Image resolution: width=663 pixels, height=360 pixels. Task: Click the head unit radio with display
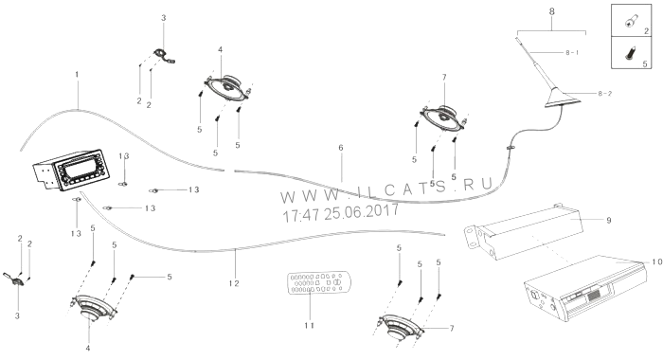(x=71, y=170)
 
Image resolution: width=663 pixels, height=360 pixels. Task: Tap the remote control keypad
(x=319, y=282)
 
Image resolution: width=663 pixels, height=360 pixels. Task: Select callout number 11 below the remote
(x=310, y=325)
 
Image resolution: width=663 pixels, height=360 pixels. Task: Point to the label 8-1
(x=572, y=52)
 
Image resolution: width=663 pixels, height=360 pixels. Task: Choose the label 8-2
(x=604, y=94)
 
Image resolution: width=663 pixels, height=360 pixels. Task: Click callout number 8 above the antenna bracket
(x=551, y=11)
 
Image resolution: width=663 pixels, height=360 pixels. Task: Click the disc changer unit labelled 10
(x=585, y=288)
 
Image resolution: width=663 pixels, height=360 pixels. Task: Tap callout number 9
(x=608, y=221)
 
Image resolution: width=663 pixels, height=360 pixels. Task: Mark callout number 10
(x=656, y=262)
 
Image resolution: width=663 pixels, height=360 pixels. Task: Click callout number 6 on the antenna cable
(x=341, y=148)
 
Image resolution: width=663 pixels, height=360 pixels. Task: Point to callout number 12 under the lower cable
(x=234, y=283)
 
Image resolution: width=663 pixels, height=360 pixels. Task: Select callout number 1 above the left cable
(x=77, y=75)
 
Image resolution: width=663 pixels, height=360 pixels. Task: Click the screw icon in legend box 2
(x=630, y=21)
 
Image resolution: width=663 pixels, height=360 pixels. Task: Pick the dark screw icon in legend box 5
(x=630, y=54)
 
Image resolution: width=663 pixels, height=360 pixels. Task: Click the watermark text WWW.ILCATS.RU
(x=386, y=190)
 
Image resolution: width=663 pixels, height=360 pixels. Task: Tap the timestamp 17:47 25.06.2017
(x=340, y=213)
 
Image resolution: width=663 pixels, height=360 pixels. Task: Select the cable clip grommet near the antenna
(x=511, y=147)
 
